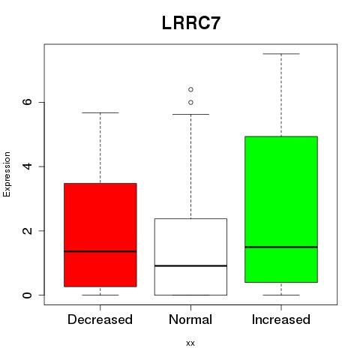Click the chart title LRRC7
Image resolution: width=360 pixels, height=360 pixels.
pyautogui.click(x=191, y=23)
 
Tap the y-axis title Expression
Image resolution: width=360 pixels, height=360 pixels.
pyautogui.click(x=7, y=174)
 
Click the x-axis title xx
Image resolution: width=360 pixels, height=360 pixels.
pyautogui.click(x=190, y=343)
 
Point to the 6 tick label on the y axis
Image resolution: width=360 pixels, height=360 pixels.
pyautogui.click(x=28, y=102)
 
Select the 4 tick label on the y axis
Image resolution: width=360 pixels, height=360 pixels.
pyautogui.click(x=28, y=166)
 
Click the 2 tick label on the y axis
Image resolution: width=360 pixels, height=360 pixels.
pyautogui.click(x=28, y=230)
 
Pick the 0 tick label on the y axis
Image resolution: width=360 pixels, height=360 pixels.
pyautogui.click(x=28, y=295)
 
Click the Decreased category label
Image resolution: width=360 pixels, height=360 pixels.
pyautogui.click(x=100, y=319)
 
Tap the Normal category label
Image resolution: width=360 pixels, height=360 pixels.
pyautogui.click(x=190, y=319)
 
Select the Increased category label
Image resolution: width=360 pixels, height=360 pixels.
pyautogui.click(x=281, y=319)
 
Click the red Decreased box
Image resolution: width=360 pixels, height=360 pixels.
pyautogui.click(x=100, y=235)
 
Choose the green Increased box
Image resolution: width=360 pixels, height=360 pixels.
pyautogui.click(x=281, y=209)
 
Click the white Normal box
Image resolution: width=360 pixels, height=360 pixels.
pyautogui.click(x=190, y=256)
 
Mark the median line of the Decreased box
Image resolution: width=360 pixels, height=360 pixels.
pyautogui.click(x=100, y=251)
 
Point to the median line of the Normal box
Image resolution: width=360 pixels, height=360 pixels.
pyautogui.click(x=190, y=265)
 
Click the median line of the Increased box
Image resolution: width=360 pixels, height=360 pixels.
pyautogui.click(x=281, y=247)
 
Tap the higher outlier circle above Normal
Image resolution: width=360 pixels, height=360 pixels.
pyautogui.click(x=190, y=89)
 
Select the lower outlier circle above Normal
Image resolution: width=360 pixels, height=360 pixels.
pyautogui.click(x=190, y=103)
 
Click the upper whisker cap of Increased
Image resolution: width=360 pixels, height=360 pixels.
pyautogui.click(x=281, y=54)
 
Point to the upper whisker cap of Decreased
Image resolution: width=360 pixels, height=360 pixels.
pyautogui.click(x=100, y=112)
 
